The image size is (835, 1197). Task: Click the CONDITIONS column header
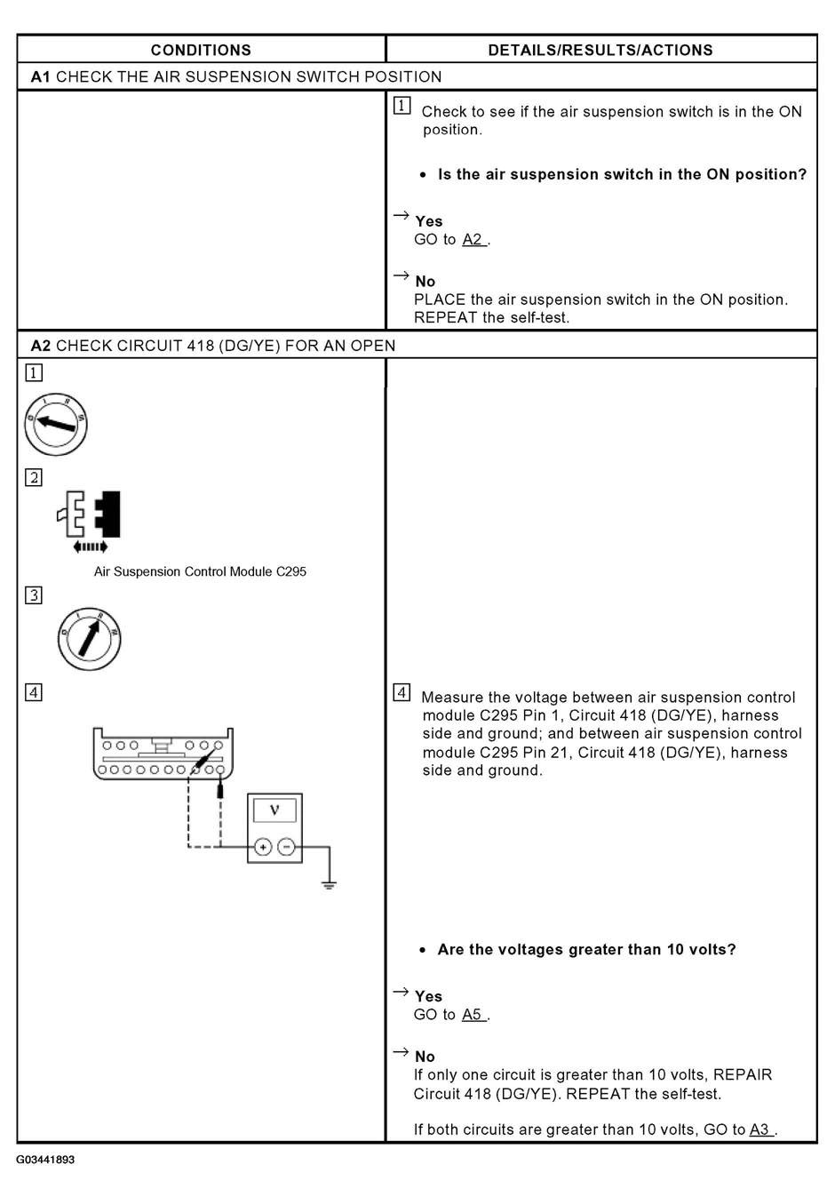[201, 50]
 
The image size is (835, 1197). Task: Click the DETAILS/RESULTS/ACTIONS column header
[600, 50]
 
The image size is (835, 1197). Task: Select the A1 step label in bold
[40, 76]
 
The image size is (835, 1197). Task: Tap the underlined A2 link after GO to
[473, 240]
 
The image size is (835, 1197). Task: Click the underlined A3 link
[759, 1129]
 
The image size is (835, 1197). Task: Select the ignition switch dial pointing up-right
[89, 637]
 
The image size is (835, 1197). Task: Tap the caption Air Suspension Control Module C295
[200, 571]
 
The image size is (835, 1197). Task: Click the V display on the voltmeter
[274, 810]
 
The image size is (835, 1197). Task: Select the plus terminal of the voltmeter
[263, 847]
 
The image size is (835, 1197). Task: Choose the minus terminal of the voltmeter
[286, 847]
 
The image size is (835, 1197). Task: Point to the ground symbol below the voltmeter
[329, 884]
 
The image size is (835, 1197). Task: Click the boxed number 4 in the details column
[402, 692]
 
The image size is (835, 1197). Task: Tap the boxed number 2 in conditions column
[33, 478]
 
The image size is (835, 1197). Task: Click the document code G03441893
[45, 1160]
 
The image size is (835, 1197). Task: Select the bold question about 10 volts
[586, 949]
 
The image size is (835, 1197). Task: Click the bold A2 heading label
[40, 345]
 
